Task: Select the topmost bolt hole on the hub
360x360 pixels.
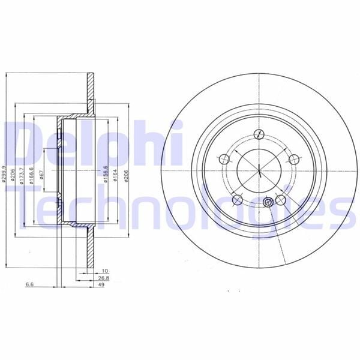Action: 258,133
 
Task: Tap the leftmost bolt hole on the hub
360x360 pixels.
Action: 224,159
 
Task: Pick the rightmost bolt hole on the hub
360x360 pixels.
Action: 293,159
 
